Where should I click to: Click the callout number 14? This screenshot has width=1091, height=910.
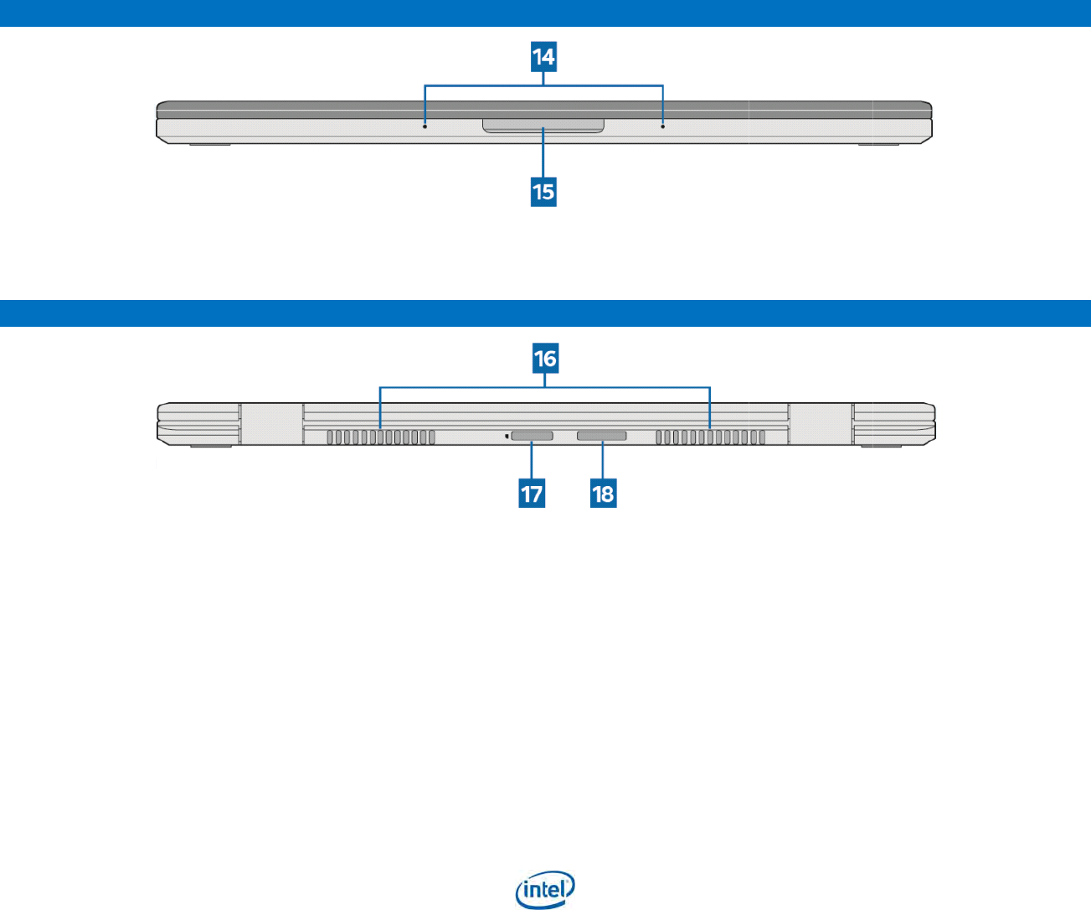pyautogui.click(x=543, y=57)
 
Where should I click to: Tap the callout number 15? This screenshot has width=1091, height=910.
pyautogui.click(x=543, y=192)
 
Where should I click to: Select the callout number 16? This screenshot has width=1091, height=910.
pyautogui.click(x=545, y=359)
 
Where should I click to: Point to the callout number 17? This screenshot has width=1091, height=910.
pyautogui.click(x=532, y=494)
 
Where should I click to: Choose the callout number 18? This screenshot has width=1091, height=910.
pyautogui.click(x=603, y=494)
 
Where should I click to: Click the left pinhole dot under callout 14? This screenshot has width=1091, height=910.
pyautogui.click(x=425, y=127)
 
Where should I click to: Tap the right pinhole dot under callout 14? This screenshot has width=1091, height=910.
pyautogui.click(x=663, y=127)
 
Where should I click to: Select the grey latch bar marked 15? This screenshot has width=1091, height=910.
pyautogui.click(x=543, y=125)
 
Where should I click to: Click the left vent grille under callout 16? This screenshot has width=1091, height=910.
pyautogui.click(x=381, y=437)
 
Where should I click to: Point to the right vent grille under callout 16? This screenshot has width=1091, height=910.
pyautogui.click(x=710, y=437)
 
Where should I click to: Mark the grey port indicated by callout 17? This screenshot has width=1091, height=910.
pyautogui.click(x=532, y=437)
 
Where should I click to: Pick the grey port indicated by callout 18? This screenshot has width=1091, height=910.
pyautogui.click(x=601, y=437)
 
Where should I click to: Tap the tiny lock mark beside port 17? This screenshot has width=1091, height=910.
pyautogui.click(x=507, y=436)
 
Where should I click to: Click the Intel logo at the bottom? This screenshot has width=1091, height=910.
pyautogui.click(x=545, y=889)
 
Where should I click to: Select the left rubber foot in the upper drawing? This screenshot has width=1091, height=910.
pyautogui.click(x=209, y=145)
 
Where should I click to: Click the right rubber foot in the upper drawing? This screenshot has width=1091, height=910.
pyautogui.click(x=878, y=145)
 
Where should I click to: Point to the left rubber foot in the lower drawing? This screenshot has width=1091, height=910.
pyautogui.click(x=209, y=446)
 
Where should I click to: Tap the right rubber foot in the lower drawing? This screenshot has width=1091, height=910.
pyautogui.click(x=881, y=446)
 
